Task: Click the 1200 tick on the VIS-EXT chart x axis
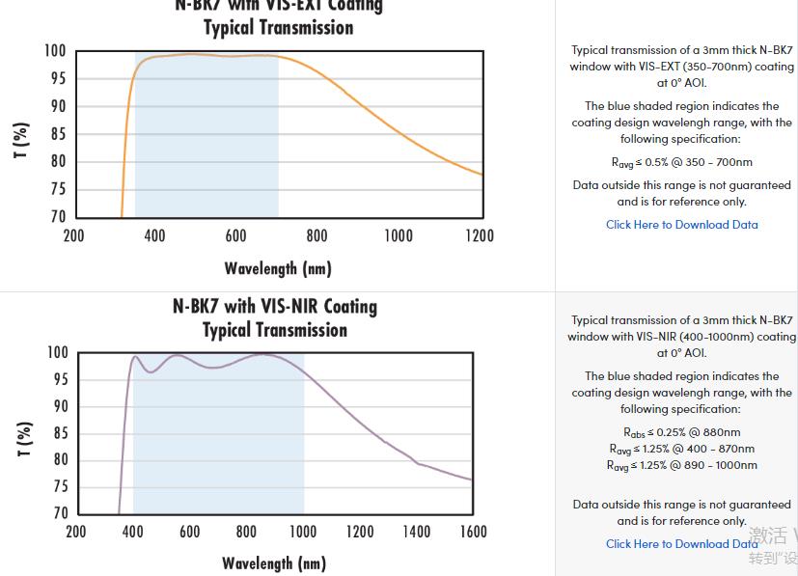(479, 235)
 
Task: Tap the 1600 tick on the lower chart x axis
(473, 532)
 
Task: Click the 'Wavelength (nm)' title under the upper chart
(278, 268)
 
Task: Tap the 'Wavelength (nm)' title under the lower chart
(274, 563)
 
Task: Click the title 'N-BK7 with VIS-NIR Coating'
(275, 307)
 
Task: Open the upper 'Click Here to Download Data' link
(681, 225)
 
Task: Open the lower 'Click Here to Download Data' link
(681, 544)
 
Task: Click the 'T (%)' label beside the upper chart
(21, 141)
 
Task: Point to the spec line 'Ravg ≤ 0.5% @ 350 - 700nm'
(681, 162)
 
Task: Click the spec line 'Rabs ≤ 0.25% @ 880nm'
(681, 432)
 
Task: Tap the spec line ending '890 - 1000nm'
(681, 465)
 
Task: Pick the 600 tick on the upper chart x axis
(235, 235)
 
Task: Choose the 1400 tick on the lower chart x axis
(416, 532)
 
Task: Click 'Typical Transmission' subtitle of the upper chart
(278, 27)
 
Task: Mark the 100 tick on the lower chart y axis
(58, 353)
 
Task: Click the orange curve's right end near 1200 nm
(482, 175)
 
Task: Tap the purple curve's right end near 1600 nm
(471, 480)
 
